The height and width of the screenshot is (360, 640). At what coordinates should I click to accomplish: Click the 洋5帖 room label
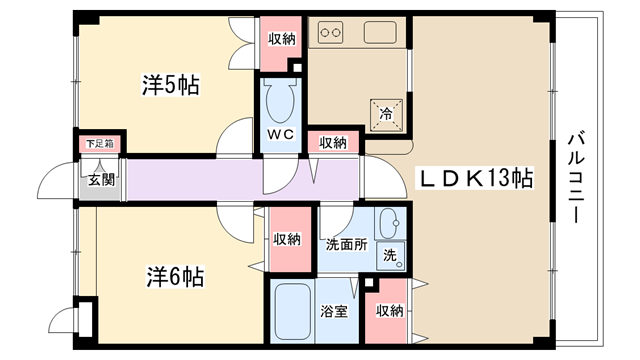(x=171, y=85)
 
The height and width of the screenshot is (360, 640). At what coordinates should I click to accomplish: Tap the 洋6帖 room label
(x=175, y=277)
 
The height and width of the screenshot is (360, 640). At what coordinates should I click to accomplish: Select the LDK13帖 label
(x=476, y=178)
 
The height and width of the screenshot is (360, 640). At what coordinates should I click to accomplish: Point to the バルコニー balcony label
(x=576, y=177)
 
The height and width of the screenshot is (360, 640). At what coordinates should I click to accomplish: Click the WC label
(x=281, y=134)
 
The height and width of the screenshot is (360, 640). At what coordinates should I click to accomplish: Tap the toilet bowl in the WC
(x=280, y=100)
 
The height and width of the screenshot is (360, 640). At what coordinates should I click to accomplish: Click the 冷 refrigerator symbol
(x=386, y=115)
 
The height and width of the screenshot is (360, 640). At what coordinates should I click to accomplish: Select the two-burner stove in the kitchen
(x=331, y=33)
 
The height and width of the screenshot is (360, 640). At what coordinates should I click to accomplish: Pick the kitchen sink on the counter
(x=380, y=33)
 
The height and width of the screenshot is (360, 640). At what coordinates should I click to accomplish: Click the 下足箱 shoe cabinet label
(x=100, y=144)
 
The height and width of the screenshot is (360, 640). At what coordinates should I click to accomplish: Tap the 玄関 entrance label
(x=102, y=180)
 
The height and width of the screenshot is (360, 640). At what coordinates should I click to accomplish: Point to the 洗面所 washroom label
(x=346, y=244)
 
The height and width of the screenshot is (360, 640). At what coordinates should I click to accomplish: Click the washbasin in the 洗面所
(x=391, y=223)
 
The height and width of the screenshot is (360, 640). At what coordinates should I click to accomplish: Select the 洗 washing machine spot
(x=391, y=256)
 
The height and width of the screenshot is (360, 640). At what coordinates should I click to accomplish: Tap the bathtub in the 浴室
(x=292, y=311)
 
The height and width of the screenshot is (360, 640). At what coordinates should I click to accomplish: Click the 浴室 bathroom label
(x=333, y=311)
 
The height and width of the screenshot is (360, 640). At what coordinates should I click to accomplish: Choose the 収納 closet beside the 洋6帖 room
(x=288, y=240)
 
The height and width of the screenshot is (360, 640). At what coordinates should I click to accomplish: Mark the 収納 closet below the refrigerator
(x=333, y=143)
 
